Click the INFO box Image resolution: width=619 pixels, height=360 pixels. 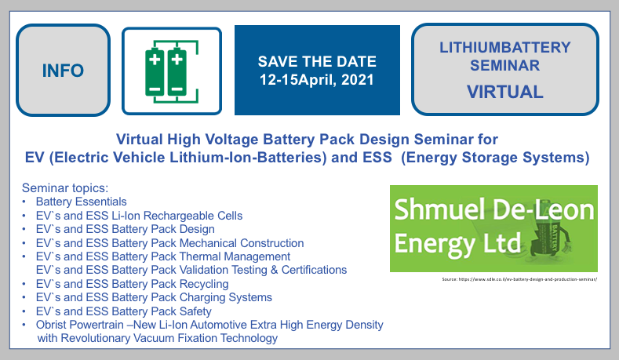(x=63, y=71)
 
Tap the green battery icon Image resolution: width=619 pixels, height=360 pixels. (x=170, y=71)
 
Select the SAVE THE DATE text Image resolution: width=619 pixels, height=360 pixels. (x=317, y=61)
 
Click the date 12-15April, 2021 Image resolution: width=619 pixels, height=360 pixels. (x=317, y=79)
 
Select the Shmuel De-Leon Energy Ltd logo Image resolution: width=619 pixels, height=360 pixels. (x=493, y=229)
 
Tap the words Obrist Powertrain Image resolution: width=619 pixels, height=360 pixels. (x=81, y=325)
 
